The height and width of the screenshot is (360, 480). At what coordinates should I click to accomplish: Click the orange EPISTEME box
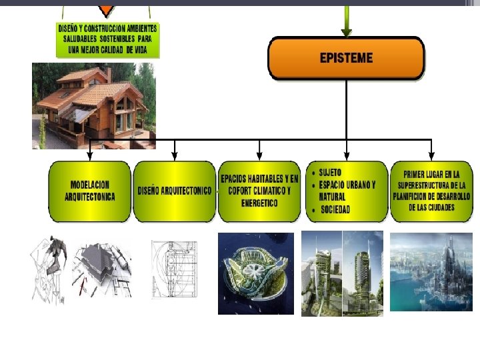[x=346, y=57]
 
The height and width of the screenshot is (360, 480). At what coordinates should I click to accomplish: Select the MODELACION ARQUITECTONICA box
[x=90, y=191]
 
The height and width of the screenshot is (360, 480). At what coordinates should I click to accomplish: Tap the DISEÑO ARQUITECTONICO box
[x=175, y=191]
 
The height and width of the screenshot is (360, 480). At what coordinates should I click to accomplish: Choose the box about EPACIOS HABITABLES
[x=260, y=191]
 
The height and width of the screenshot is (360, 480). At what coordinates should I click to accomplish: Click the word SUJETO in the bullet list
[x=330, y=173]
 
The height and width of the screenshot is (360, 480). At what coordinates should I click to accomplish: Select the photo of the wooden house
[x=93, y=105]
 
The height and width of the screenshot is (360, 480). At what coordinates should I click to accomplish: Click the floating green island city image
[x=256, y=273]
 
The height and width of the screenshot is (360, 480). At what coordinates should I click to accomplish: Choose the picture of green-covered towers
[x=342, y=273]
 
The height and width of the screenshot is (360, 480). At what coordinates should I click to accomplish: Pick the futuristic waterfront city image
[x=431, y=273]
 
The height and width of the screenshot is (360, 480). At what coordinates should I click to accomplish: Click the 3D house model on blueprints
[x=102, y=269]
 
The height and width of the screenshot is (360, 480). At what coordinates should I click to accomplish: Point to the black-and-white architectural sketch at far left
[x=50, y=269]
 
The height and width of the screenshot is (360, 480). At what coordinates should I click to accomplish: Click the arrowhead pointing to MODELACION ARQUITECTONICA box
[x=90, y=154]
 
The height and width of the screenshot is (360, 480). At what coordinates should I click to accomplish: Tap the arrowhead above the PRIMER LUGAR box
[x=431, y=154]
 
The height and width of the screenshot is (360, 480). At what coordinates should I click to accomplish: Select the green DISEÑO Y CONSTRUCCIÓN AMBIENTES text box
[x=108, y=40]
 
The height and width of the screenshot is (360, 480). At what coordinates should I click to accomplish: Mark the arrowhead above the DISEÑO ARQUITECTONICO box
[x=175, y=154]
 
